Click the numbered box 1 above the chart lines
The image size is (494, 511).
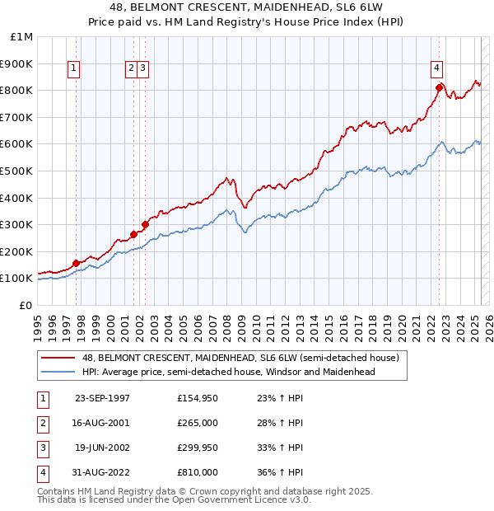[x=75, y=68]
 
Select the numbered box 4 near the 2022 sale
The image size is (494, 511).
[x=436, y=68]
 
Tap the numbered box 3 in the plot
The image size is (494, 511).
[x=143, y=68]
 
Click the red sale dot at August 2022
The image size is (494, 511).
[x=440, y=87]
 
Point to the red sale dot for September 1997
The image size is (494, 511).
[x=77, y=263]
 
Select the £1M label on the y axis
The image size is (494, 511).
[x=22, y=37]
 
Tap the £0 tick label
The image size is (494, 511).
[x=26, y=305]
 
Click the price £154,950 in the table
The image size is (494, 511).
[x=197, y=398]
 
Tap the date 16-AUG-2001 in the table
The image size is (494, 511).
[x=102, y=423]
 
